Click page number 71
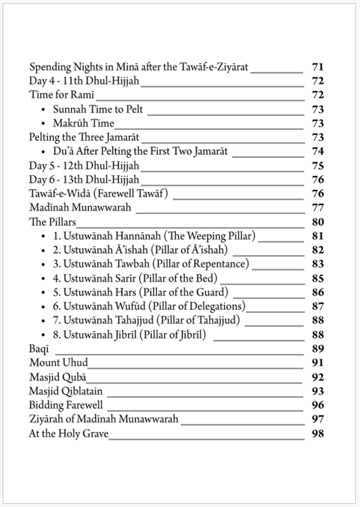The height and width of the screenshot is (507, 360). [317, 67]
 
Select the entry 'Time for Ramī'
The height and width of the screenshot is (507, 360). [54, 95]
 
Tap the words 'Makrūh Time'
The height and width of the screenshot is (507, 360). [83, 123]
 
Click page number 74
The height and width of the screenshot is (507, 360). [317, 151]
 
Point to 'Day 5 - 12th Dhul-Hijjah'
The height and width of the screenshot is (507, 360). [84, 165]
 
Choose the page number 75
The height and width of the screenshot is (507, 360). [317, 165]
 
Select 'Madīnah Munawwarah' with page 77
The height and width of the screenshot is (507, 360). [80, 208]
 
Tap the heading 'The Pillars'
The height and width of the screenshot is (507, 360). [52, 222]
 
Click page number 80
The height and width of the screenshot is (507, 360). [317, 222]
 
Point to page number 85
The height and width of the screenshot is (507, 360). [317, 279]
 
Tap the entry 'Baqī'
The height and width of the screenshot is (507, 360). [39, 349]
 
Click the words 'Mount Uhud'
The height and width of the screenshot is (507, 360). [58, 363]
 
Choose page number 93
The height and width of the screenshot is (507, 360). [317, 391]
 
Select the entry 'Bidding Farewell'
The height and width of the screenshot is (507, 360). [66, 405]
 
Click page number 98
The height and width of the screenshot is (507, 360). [317, 433]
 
